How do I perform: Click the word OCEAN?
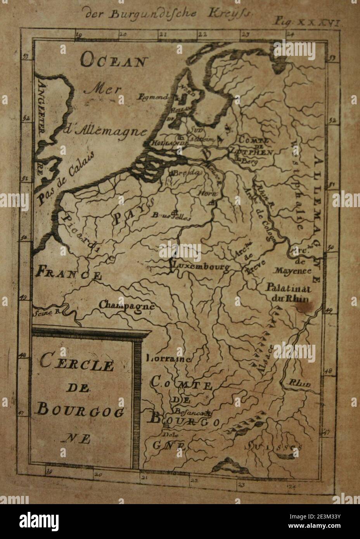[115, 61]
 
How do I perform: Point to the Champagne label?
[126, 305]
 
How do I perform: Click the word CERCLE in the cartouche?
[77, 365]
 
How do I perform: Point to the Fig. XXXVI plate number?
[308, 22]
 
